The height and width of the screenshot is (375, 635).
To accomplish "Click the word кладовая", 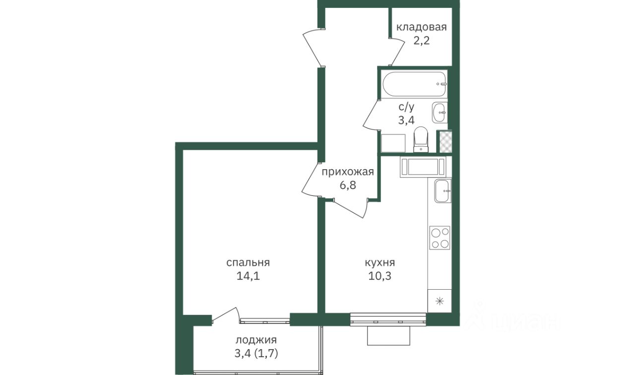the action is click(421, 27).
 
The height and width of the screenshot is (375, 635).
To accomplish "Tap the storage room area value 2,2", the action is click(422, 41).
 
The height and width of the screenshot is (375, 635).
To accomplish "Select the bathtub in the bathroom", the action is click(414, 84).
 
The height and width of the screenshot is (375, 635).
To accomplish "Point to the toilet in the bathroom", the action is click(421, 139).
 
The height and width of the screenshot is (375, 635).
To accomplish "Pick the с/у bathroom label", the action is click(406, 107).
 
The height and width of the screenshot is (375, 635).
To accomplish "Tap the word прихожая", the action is click(348, 172).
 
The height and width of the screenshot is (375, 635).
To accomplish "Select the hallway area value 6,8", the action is click(348, 186).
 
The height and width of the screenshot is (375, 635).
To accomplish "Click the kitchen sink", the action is click(443, 191).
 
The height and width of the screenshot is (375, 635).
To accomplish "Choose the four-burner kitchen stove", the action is click(440, 238).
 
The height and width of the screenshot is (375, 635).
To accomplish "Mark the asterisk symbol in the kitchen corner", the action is click(440, 301).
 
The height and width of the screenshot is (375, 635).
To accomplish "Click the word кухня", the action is click(380, 263).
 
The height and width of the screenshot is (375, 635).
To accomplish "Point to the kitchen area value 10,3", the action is click(380, 276).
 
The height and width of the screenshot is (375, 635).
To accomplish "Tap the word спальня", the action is click(248, 263).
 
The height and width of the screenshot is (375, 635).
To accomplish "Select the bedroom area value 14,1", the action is click(248, 276).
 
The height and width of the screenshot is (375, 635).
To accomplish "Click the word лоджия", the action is click(256, 340).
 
